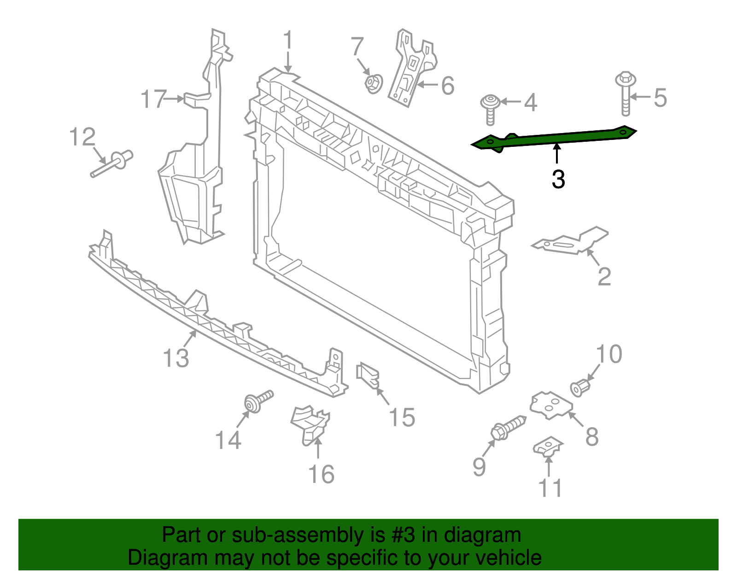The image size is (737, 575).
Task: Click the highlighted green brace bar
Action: click(x=553, y=138)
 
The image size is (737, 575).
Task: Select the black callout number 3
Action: click(x=558, y=180)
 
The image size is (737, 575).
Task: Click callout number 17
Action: click(x=153, y=99)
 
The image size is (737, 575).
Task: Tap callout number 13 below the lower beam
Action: click(x=176, y=358)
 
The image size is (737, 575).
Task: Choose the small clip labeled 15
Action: click(x=368, y=375)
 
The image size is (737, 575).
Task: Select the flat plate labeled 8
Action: click(x=551, y=405)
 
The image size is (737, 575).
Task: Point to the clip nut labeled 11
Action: click(x=548, y=447)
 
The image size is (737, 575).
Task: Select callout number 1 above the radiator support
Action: click(x=288, y=41)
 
